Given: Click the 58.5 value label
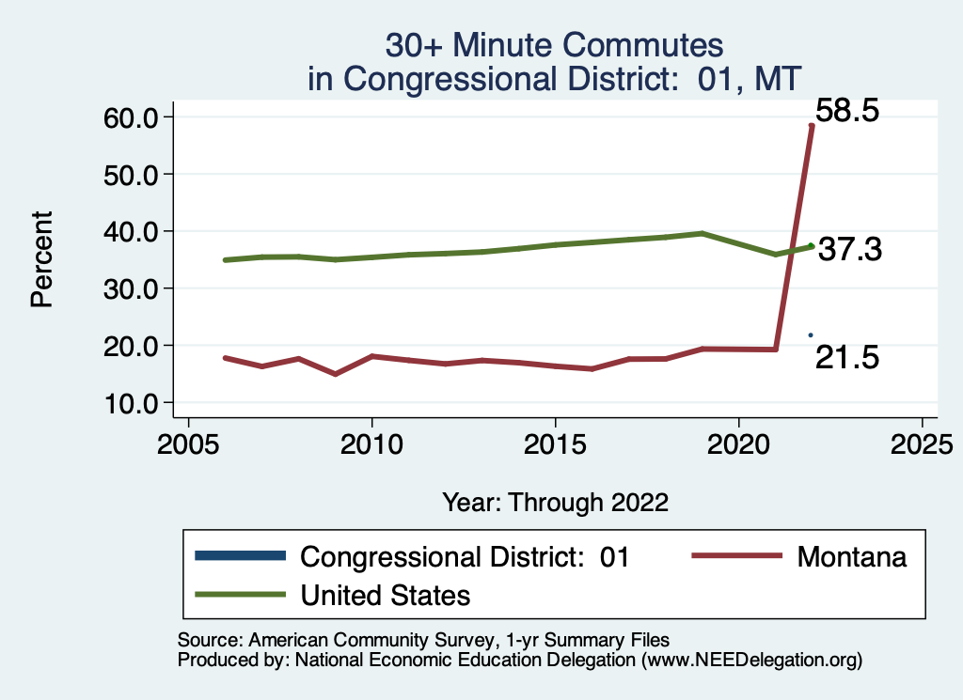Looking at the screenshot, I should click(x=846, y=111).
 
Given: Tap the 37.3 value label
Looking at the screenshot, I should click(x=849, y=250).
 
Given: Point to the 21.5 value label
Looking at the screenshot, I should click(x=846, y=357).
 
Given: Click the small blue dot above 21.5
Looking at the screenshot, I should click(x=811, y=335).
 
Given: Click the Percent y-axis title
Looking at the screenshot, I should click(x=40, y=259).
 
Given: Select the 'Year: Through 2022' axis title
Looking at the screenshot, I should click(x=555, y=503).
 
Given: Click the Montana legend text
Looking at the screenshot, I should click(x=852, y=557).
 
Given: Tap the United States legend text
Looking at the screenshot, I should click(x=385, y=595).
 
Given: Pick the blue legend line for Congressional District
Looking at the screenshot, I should click(x=240, y=556).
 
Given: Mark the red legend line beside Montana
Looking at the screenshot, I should click(x=737, y=556).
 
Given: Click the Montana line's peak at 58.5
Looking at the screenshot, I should click(x=812, y=125).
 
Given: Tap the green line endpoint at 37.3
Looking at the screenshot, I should click(x=811, y=246).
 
